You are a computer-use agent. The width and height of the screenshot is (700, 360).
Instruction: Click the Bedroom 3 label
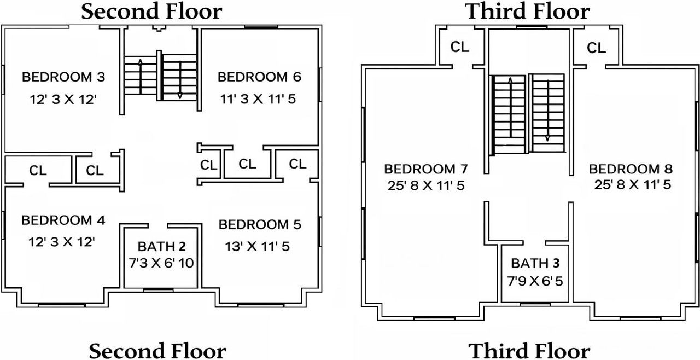pyautogui.click(x=63, y=77)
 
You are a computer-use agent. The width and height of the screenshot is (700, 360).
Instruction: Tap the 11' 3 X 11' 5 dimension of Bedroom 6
pyautogui.click(x=258, y=99)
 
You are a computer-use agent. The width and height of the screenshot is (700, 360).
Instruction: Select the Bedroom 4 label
pyautogui.click(x=63, y=220)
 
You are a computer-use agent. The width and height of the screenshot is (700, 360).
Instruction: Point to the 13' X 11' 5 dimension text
pyautogui.click(x=257, y=247)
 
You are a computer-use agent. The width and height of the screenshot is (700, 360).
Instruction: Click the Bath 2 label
pyautogui.click(x=162, y=247)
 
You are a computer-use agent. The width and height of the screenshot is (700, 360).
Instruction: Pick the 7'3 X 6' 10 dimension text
pyautogui.click(x=161, y=263)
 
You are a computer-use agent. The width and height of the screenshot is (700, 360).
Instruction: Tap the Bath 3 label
pyautogui.click(x=535, y=263)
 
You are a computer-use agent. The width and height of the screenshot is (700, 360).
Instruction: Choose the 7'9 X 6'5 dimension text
pyautogui.click(x=535, y=281)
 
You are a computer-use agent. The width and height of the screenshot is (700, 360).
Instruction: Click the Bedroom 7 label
pyautogui.click(x=426, y=169)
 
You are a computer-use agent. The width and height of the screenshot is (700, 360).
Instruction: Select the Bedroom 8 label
pyautogui.click(x=631, y=169)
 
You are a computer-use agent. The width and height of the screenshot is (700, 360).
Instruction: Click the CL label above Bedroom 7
pyautogui.click(x=460, y=47)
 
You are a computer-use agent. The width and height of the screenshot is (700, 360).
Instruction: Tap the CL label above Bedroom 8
pyautogui.click(x=596, y=48)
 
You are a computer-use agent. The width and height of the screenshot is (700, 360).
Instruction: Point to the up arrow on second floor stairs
pyautogui.click(x=141, y=77)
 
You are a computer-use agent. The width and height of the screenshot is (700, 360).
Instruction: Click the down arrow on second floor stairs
pyautogui.click(x=180, y=80)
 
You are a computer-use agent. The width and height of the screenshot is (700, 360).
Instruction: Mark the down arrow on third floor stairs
pyautogui.click(x=547, y=111)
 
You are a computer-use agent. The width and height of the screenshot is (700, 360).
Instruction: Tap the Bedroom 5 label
pyautogui.click(x=260, y=224)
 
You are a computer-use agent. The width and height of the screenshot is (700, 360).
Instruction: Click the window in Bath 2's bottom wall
pyautogui.click(x=158, y=291)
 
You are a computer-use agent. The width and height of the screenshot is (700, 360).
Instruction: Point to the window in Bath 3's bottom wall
pyautogui.click(x=535, y=304)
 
